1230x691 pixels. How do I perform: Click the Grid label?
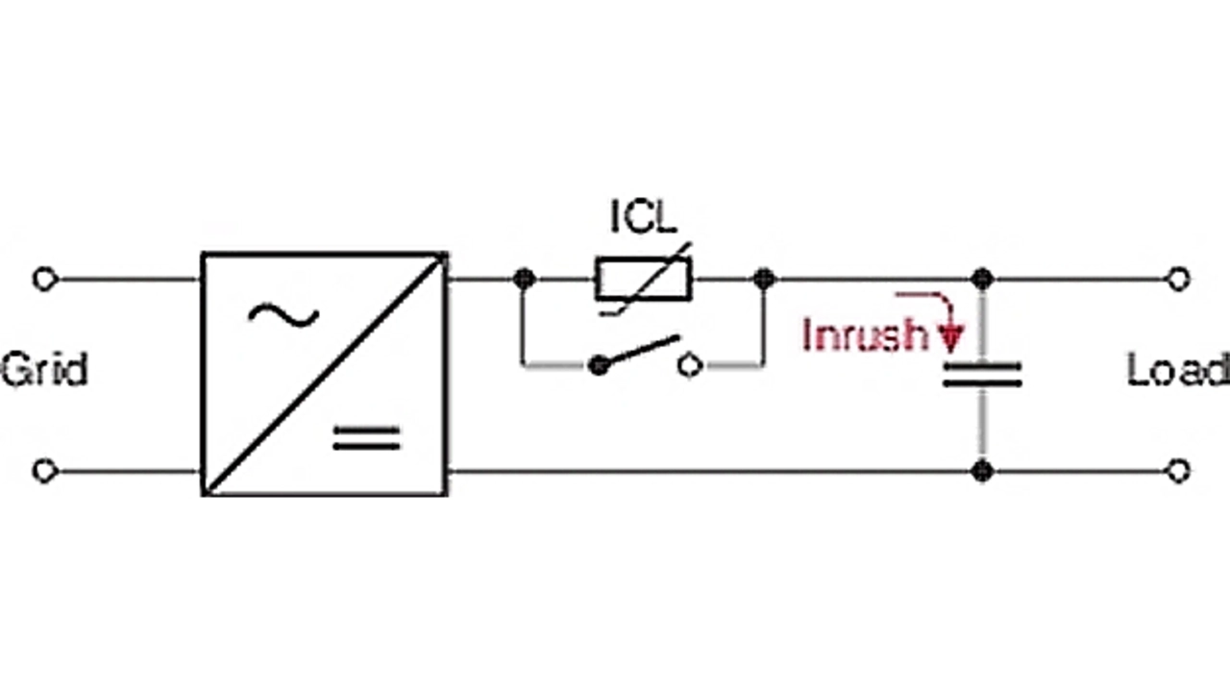point(44,369)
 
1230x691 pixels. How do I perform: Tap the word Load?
point(1177,370)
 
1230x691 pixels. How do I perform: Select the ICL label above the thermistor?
point(644,217)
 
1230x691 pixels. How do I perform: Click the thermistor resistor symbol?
point(643,280)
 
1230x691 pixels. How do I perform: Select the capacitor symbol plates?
point(981,375)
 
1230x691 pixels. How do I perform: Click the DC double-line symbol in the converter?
point(365,438)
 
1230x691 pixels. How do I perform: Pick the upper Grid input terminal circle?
point(44,280)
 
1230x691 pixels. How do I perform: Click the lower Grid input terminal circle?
point(44,471)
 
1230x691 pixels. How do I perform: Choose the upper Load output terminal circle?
point(1178,280)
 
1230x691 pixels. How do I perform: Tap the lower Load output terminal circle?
point(1178,471)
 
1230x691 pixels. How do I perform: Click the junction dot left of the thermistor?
point(524,280)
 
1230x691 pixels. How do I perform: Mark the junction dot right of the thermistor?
point(763,280)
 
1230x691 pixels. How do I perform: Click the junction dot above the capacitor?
point(981,280)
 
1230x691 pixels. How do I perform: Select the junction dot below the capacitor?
point(981,471)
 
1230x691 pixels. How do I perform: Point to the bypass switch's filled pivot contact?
point(600,365)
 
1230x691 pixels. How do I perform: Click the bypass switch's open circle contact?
point(690,365)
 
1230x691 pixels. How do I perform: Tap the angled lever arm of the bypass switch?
point(642,351)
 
